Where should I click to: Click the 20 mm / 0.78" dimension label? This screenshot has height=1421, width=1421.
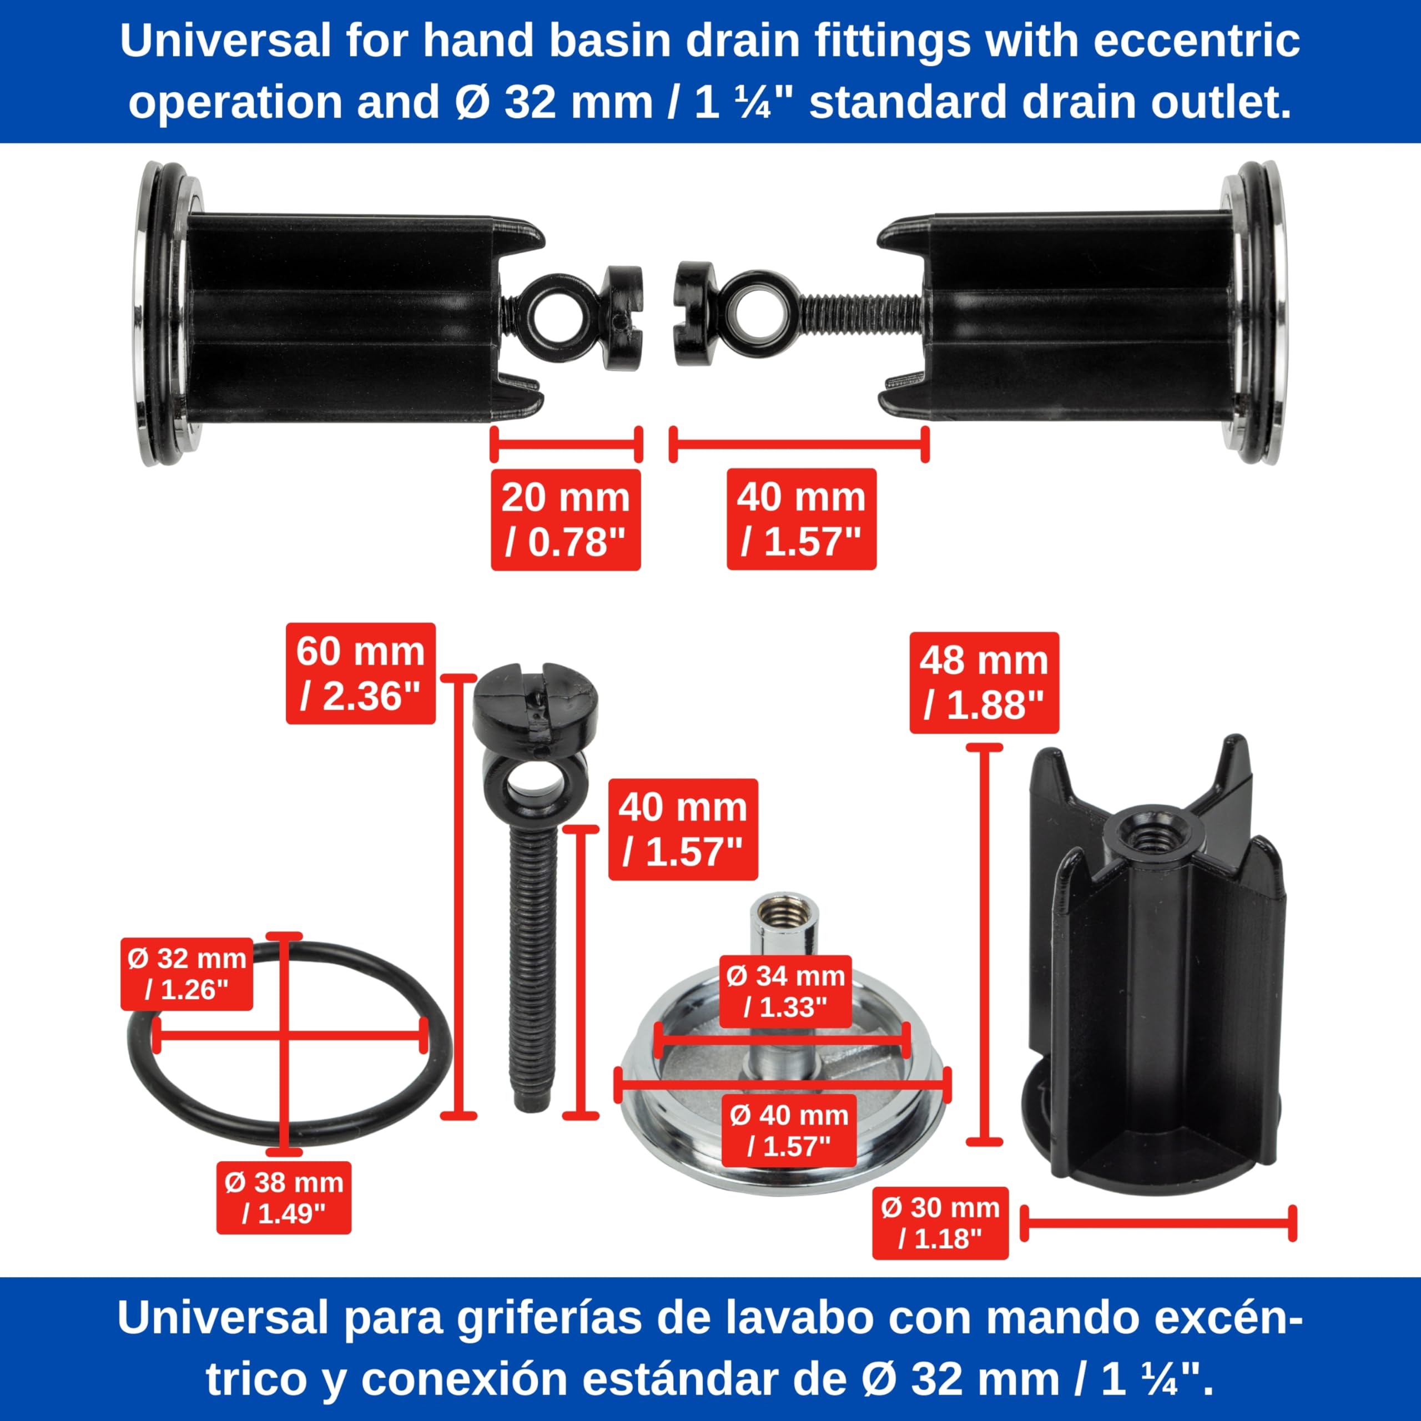(566, 519)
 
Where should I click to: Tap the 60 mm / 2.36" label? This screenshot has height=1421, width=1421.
(360, 673)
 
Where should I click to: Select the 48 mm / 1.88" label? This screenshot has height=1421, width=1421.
(984, 683)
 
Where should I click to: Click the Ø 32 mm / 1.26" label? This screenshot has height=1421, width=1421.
(187, 974)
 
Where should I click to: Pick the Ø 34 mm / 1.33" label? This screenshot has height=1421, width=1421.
(785, 991)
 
